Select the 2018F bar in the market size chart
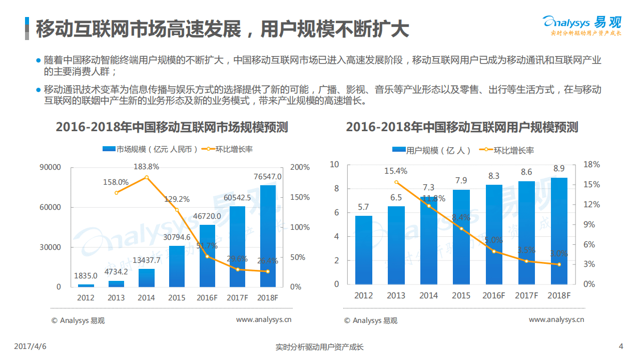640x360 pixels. pos(268,236)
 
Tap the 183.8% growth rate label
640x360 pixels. pos(146,167)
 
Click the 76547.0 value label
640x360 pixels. pos(267,177)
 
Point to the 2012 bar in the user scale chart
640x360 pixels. pos(363,250)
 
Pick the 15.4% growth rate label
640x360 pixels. pos(396,171)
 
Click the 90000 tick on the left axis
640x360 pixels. pos(51,167)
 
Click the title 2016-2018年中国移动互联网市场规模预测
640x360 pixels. pos(172,127)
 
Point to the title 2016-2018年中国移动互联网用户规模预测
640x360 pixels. pos(462,127)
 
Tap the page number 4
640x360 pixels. pos(621,346)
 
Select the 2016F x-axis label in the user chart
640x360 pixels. pos(493,295)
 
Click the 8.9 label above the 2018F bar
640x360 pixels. pos(559,169)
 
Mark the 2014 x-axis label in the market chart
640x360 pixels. pos(146,297)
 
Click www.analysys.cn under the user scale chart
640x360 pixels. pos(556,319)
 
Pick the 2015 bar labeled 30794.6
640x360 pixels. pos(177,266)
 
